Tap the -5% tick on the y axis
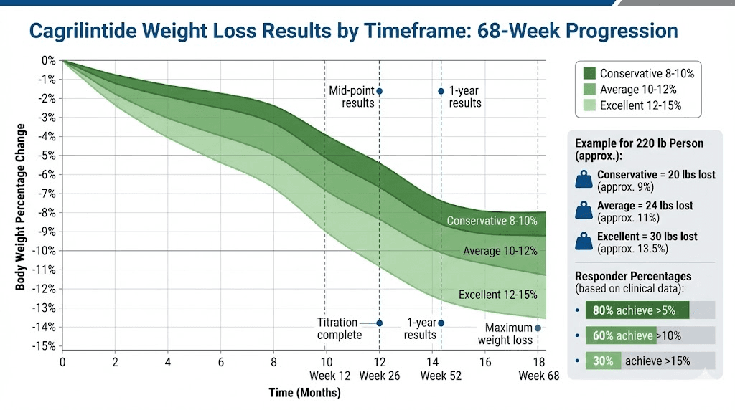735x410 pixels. coord(47,156)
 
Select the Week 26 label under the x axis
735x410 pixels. coord(380,376)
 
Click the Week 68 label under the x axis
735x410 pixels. coord(538,376)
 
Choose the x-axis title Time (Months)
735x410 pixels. coord(304,393)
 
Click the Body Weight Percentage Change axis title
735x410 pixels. coord(21,207)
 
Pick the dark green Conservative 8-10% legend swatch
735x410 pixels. coord(589,73)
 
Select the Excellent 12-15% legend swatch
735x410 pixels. coord(589,105)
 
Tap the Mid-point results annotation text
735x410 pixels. coord(352,97)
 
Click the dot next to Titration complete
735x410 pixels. coord(380,323)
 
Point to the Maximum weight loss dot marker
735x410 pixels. coord(538,328)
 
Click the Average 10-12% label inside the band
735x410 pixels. coord(500,251)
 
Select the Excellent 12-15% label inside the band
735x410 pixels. coord(497,295)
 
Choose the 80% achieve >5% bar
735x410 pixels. coord(637,310)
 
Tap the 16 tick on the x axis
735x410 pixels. coord(486,362)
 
